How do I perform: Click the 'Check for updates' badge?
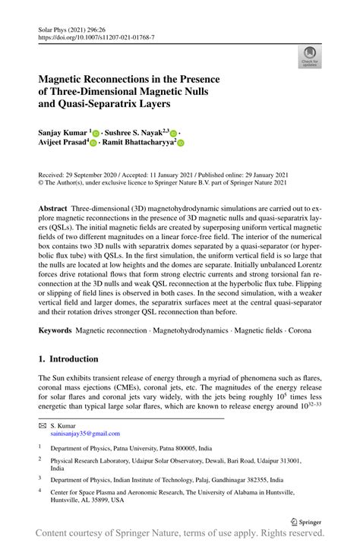(x=308, y=55)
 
